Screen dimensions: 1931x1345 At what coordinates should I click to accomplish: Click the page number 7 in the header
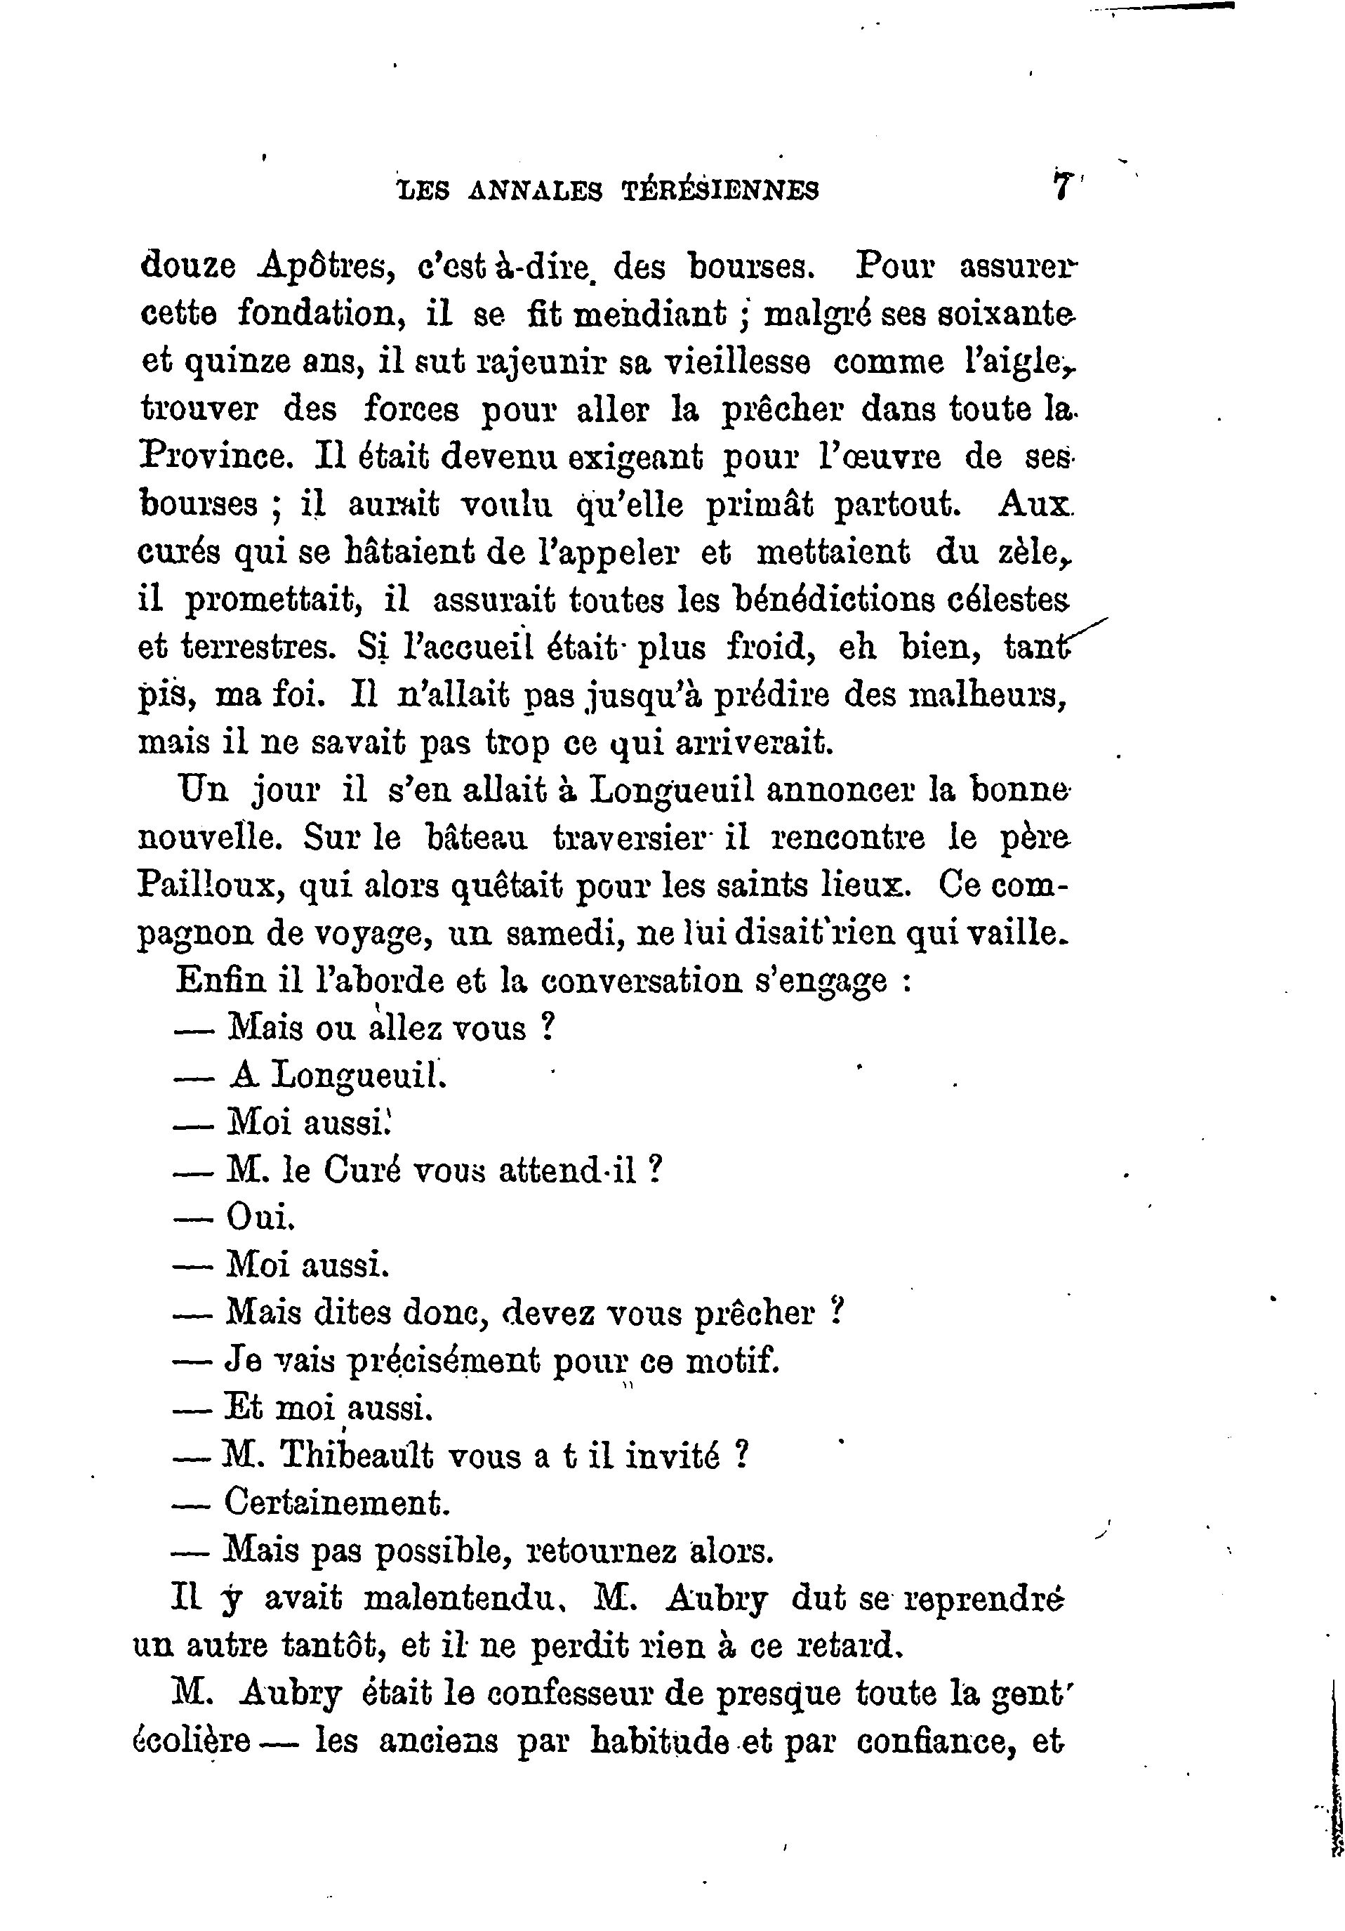pos(1061,185)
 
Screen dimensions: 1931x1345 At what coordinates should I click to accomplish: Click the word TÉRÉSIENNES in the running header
pos(720,191)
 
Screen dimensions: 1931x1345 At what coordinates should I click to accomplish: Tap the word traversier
pos(627,838)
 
